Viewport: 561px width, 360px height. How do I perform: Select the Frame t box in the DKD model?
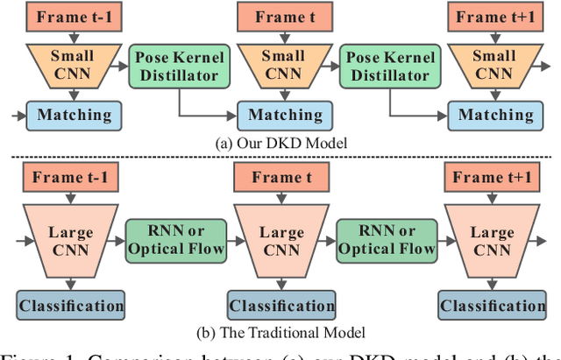pyautogui.click(x=285, y=17)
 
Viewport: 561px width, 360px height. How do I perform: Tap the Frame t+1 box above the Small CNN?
pyautogui.click(x=494, y=17)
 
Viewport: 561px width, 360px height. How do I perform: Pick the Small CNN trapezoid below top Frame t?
pyautogui.click(x=285, y=66)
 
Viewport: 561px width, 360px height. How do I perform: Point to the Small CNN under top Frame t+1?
pyautogui.click(x=494, y=66)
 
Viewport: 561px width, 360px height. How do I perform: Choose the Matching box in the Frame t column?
pyautogui.click(x=285, y=115)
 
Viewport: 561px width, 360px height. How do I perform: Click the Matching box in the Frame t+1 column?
pyautogui.click(x=494, y=115)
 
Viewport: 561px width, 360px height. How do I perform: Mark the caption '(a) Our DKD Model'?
pyautogui.click(x=282, y=143)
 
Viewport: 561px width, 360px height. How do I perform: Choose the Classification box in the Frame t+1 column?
pyautogui.click(x=494, y=305)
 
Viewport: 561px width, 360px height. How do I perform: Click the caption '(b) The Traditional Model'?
pyautogui.click(x=282, y=333)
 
